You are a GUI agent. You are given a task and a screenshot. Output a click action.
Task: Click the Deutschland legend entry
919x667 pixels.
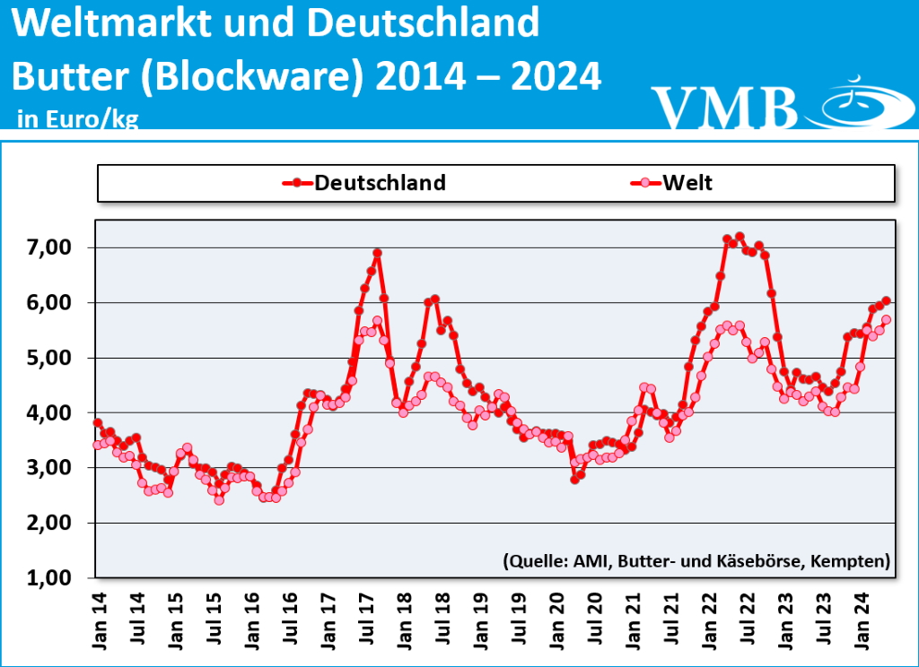pos(363,183)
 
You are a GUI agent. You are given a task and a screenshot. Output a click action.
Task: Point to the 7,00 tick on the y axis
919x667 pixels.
pos(62,247)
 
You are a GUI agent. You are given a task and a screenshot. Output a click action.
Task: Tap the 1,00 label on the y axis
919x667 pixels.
pos(62,578)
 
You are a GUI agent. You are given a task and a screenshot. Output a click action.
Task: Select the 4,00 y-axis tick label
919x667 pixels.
pos(62,413)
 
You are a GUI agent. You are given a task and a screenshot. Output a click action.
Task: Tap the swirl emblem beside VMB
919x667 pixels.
pos(857,103)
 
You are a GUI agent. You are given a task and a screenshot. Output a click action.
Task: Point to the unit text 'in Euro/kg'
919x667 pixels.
pos(77,119)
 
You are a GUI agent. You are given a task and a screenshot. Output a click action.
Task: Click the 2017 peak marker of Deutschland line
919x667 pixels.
pos(378,253)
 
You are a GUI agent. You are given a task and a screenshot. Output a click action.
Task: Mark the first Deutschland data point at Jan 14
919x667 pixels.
pos(97,423)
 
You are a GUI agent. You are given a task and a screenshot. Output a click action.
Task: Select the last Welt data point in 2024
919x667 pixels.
pos(886,319)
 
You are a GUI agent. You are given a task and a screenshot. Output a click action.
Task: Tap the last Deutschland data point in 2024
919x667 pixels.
pos(886,300)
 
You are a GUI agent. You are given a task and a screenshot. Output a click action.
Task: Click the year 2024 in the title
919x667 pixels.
pos(556,78)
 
